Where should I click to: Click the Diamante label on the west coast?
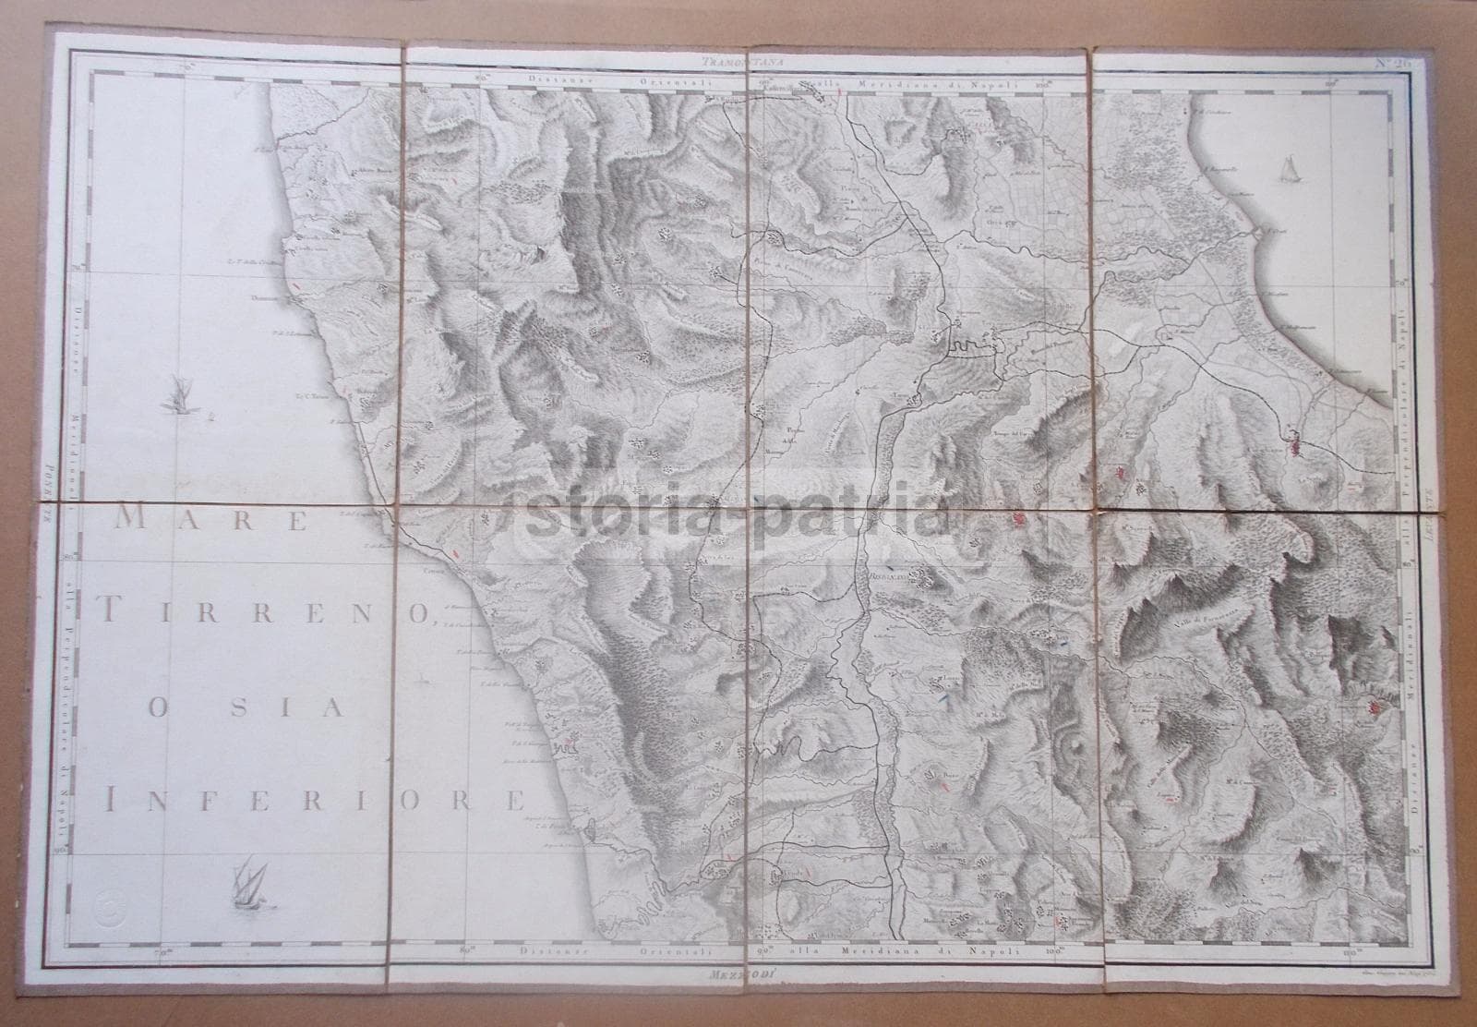(x=267, y=298)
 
